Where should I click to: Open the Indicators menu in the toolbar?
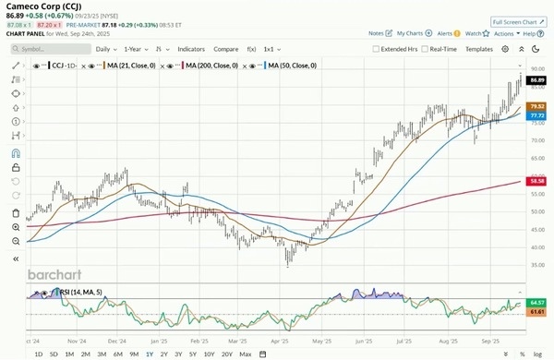[x=191, y=48]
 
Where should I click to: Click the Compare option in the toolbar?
[x=225, y=48]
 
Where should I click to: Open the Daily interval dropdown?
[x=105, y=48]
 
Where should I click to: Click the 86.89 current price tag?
[x=536, y=81]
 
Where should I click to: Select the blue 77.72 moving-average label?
[x=536, y=115]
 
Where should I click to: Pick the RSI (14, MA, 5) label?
[x=72, y=292]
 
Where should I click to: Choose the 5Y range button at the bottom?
[x=193, y=354]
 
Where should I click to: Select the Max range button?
[x=245, y=354]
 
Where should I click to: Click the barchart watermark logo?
[x=57, y=275]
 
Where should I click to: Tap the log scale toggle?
[x=538, y=354]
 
